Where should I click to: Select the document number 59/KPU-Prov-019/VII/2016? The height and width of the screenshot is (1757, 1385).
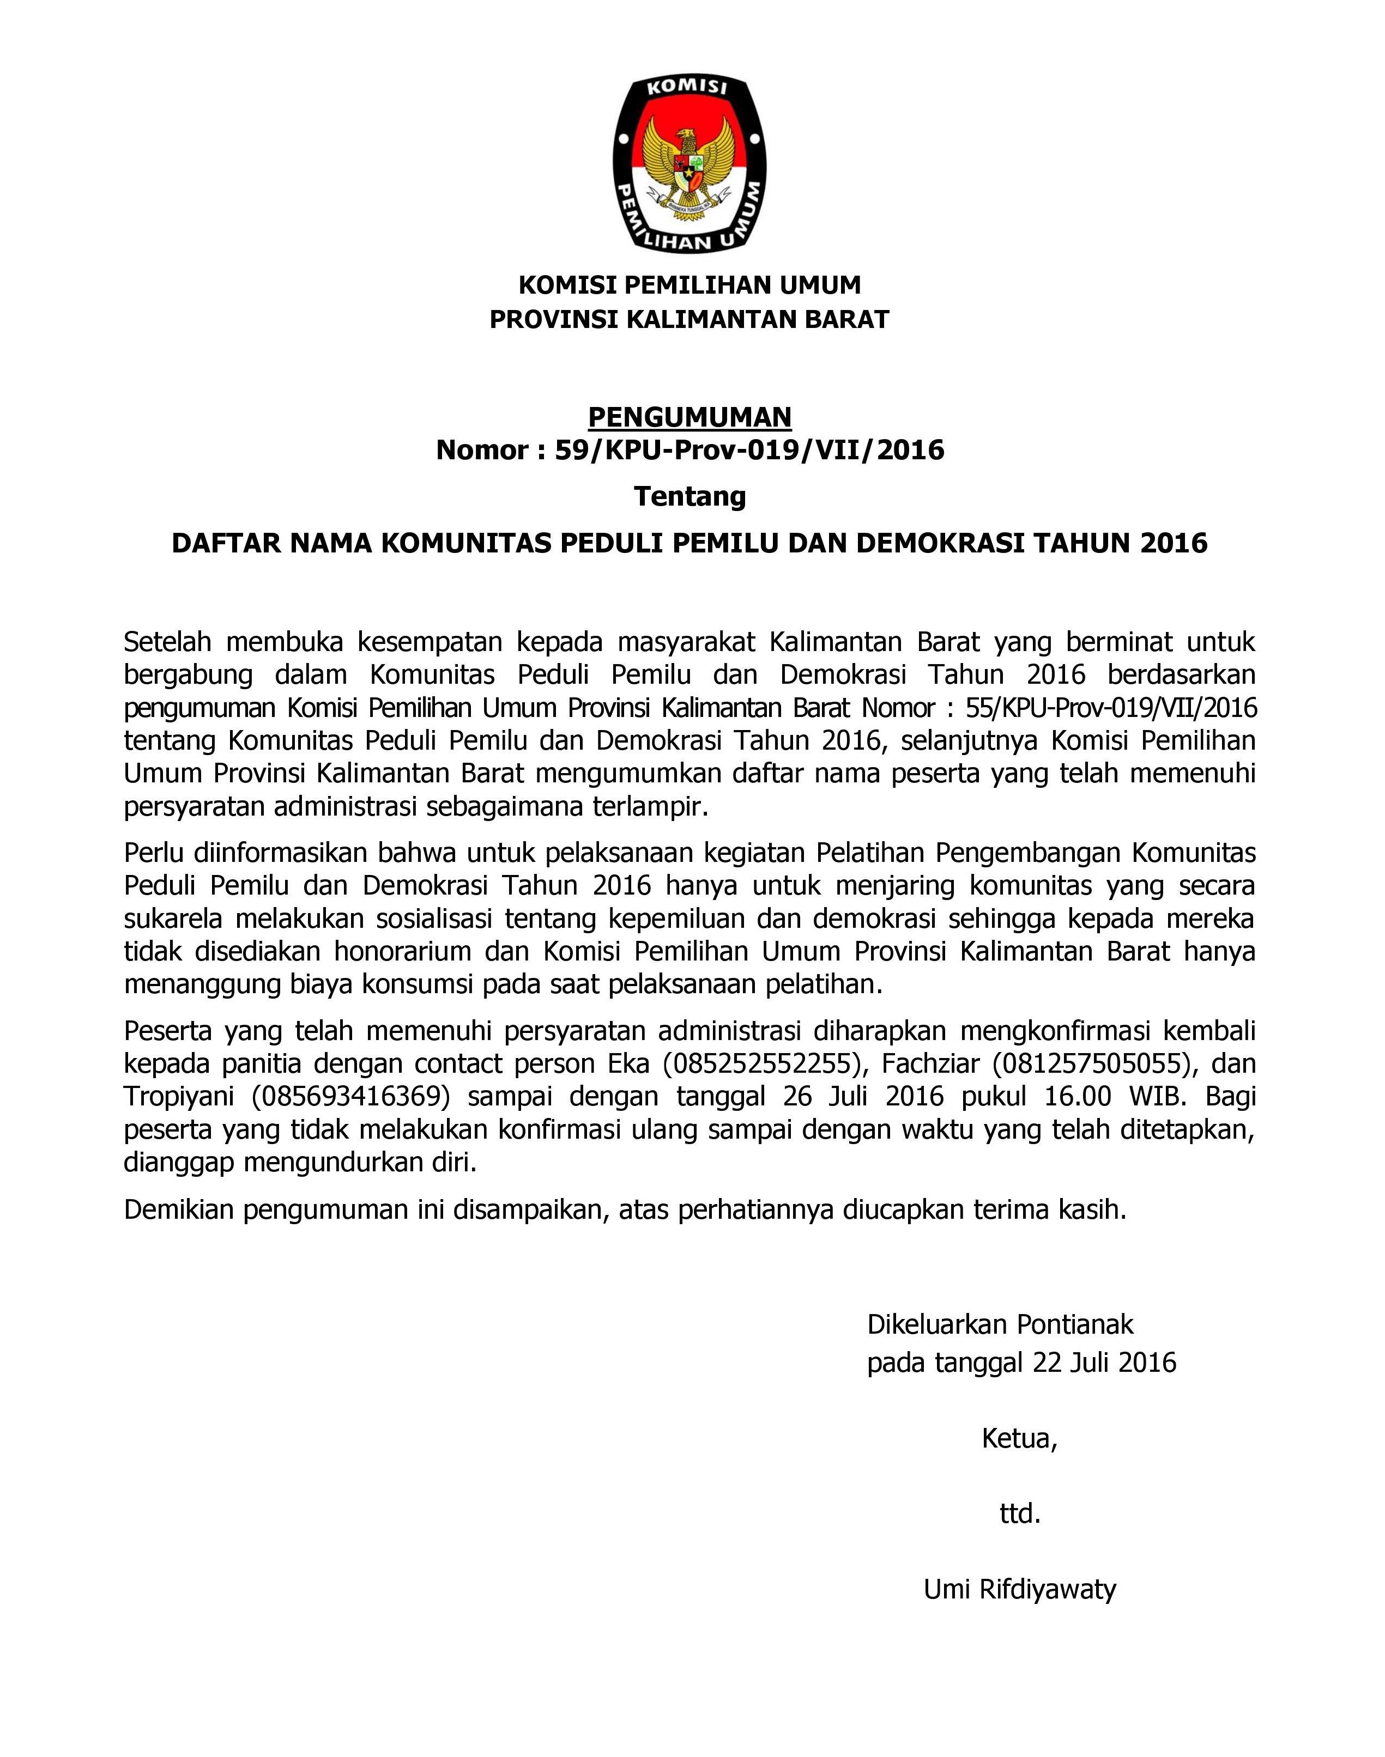[749, 450]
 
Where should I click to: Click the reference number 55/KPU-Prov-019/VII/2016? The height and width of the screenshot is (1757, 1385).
[1111, 708]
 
